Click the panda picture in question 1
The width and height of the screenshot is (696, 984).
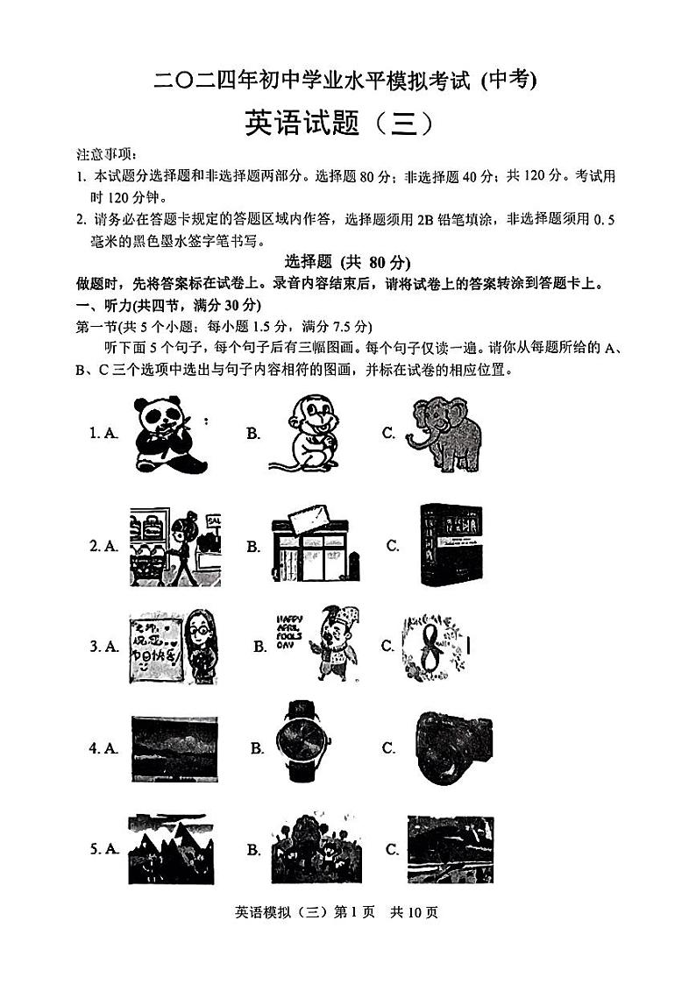click(x=172, y=433)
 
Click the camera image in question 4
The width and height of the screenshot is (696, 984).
click(x=452, y=747)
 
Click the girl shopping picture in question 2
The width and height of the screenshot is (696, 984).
click(x=175, y=545)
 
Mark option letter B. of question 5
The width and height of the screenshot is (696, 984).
click(x=253, y=849)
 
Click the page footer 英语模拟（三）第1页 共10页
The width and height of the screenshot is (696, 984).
click(x=337, y=912)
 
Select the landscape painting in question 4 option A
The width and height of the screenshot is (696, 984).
click(x=174, y=747)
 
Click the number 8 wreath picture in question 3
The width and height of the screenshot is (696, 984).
click(x=439, y=646)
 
